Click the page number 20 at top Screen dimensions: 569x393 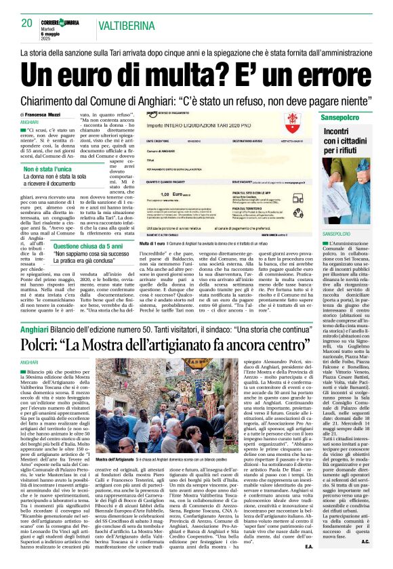26,23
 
